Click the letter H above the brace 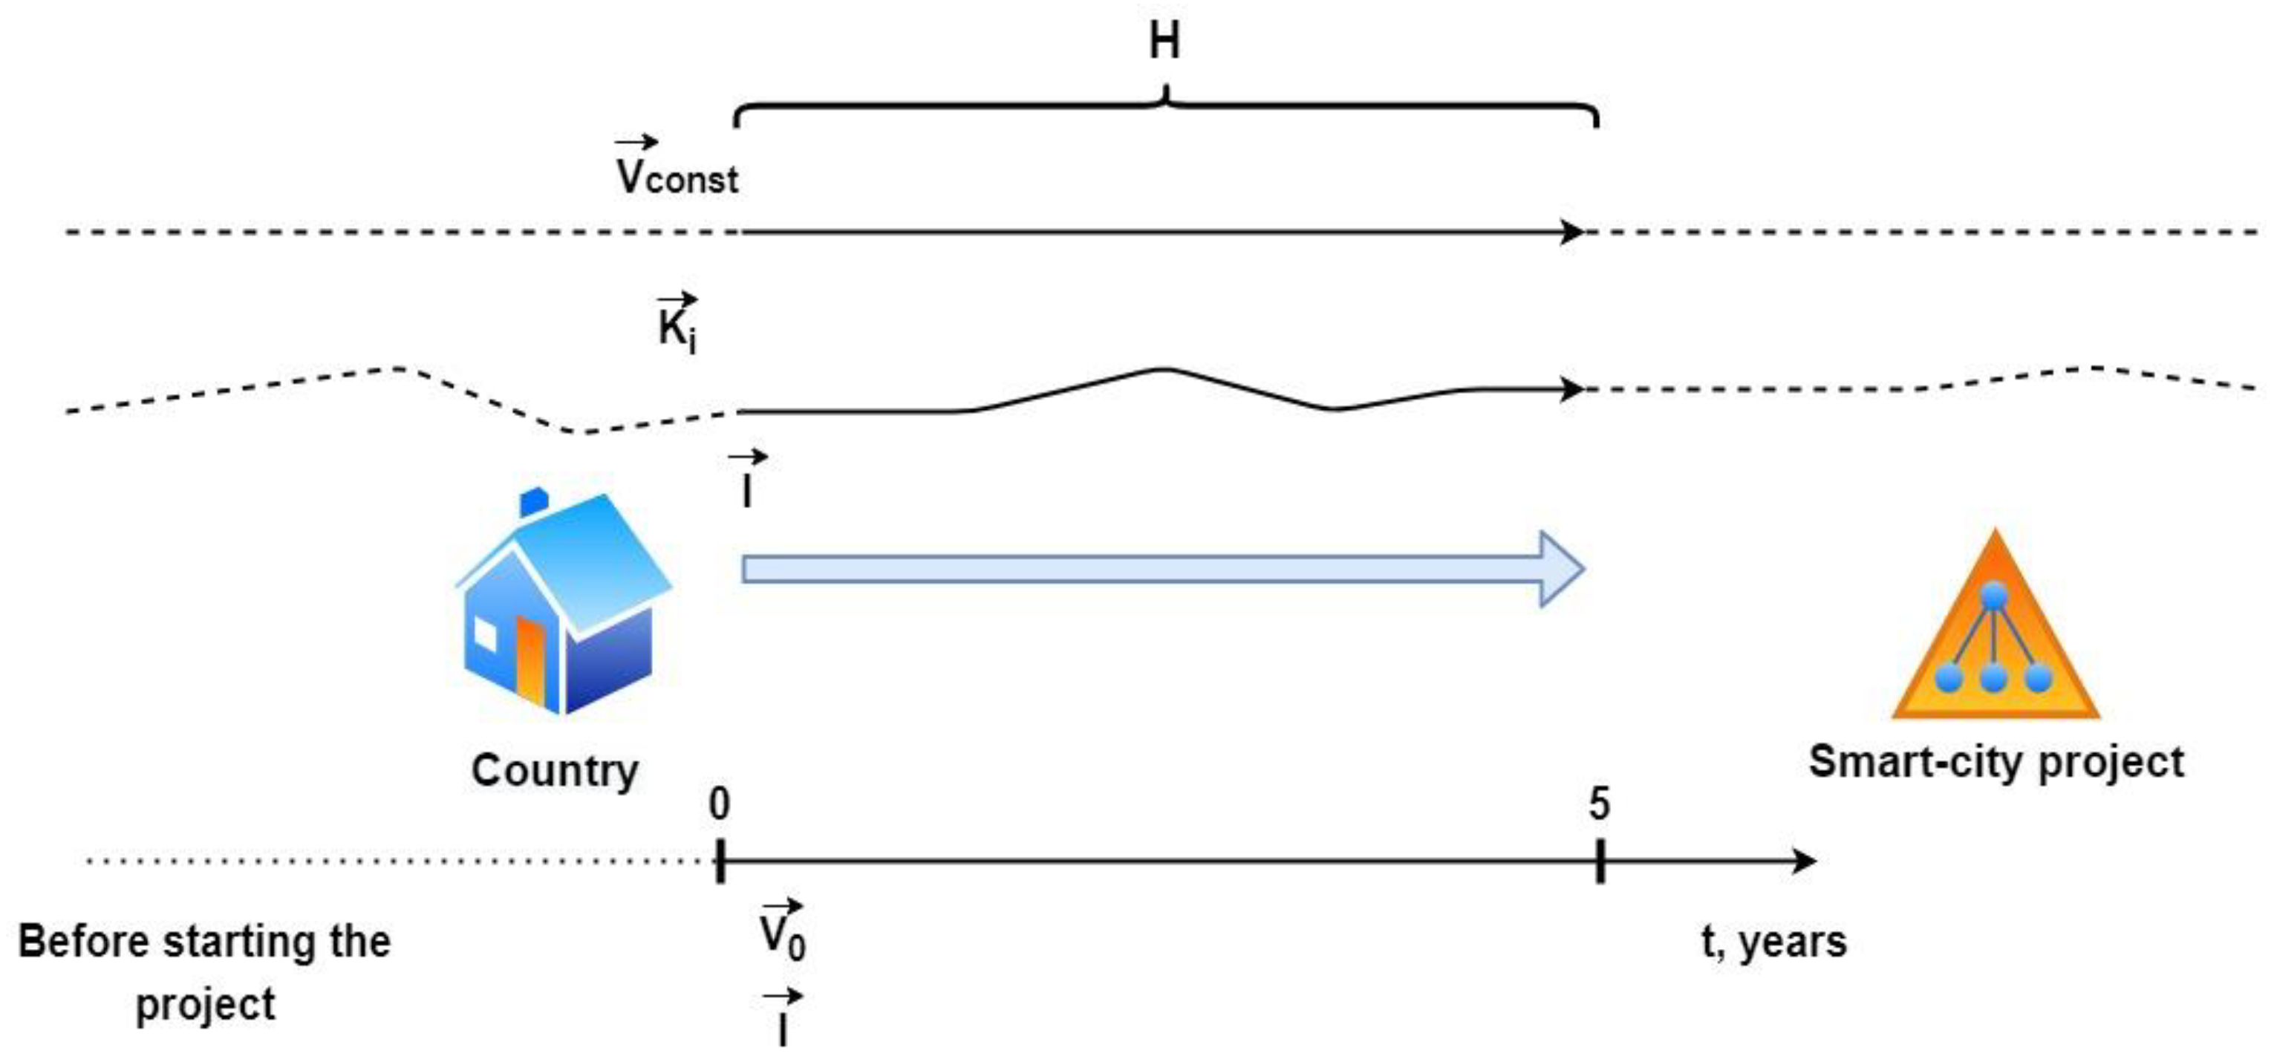pos(1164,41)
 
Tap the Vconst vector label pos(677,169)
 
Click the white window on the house pos(486,633)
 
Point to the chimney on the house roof pos(533,501)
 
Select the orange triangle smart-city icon pos(1995,636)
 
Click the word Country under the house pos(554,770)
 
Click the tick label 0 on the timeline pos(720,804)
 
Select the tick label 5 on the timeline pos(1599,804)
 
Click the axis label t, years pos(1773,941)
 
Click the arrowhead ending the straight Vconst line pos(1573,232)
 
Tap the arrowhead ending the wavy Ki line pos(1573,388)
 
